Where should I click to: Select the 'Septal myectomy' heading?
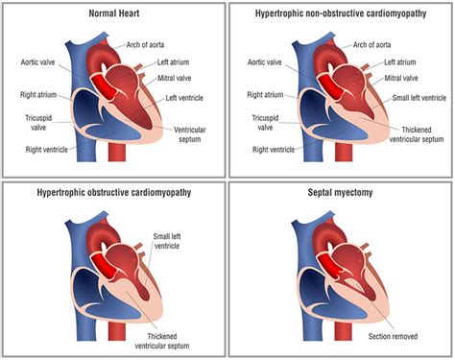(x=342, y=192)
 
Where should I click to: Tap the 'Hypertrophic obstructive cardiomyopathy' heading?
(x=113, y=192)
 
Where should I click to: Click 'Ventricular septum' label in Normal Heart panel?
(x=195, y=133)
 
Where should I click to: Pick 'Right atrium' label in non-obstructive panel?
(x=264, y=95)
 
